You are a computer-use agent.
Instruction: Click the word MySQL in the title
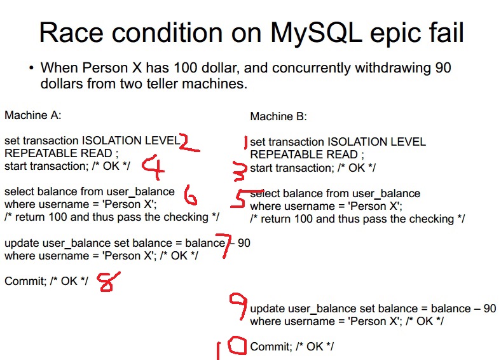point(316,33)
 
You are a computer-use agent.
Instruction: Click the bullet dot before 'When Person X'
point(31,68)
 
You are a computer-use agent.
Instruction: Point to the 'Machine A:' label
point(32,115)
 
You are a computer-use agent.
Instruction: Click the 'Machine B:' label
point(278,116)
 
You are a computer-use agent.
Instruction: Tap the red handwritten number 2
point(189,142)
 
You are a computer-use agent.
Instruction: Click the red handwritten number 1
point(245,142)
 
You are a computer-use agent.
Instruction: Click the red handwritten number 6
point(190,195)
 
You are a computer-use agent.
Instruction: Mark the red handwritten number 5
point(240,199)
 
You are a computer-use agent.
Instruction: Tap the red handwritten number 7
point(226,246)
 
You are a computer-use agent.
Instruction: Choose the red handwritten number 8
point(108,282)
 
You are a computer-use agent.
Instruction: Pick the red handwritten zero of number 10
point(237,345)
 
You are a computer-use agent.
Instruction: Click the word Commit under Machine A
point(25,281)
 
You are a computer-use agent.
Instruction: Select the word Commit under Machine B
point(271,347)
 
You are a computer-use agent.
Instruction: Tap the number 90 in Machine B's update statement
point(490,308)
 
